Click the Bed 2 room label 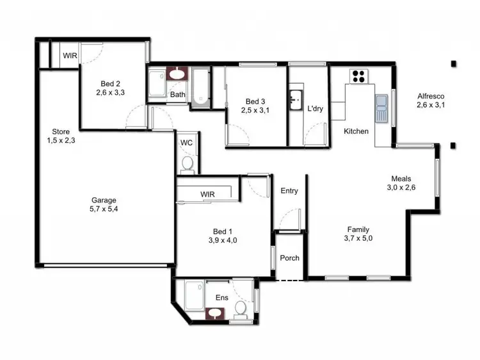pyautogui.click(x=111, y=84)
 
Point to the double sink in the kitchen pyautogui.click(x=382, y=108)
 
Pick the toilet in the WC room pyautogui.click(x=188, y=164)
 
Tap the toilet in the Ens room pyautogui.click(x=241, y=309)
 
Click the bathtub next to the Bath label pyautogui.click(x=200, y=86)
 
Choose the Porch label pyautogui.click(x=289, y=258)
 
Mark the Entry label pyautogui.click(x=289, y=191)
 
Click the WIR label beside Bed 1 pyautogui.click(x=207, y=194)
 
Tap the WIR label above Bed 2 pyautogui.click(x=69, y=56)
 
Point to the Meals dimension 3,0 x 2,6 pyautogui.click(x=402, y=188)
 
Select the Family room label pyautogui.click(x=358, y=229)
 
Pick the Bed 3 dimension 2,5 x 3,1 pyautogui.click(x=255, y=110)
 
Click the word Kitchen pyautogui.click(x=356, y=131)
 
